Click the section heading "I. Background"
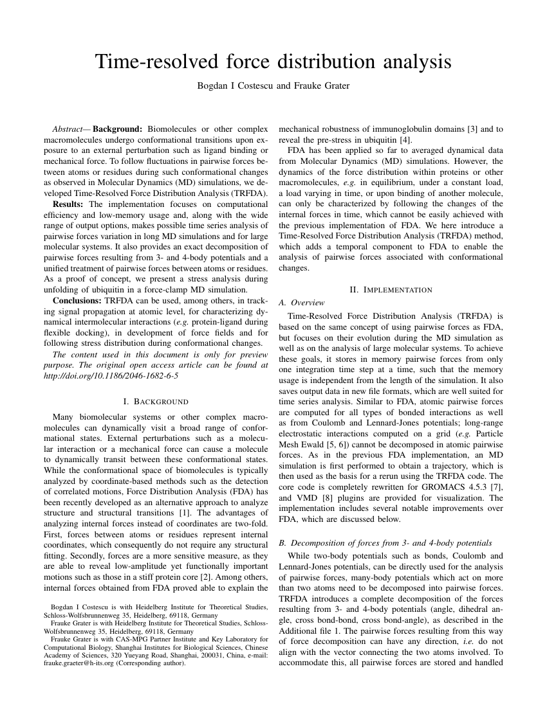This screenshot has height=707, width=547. (x=155, y=402)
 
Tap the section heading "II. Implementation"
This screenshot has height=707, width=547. (x=391, y=290)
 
